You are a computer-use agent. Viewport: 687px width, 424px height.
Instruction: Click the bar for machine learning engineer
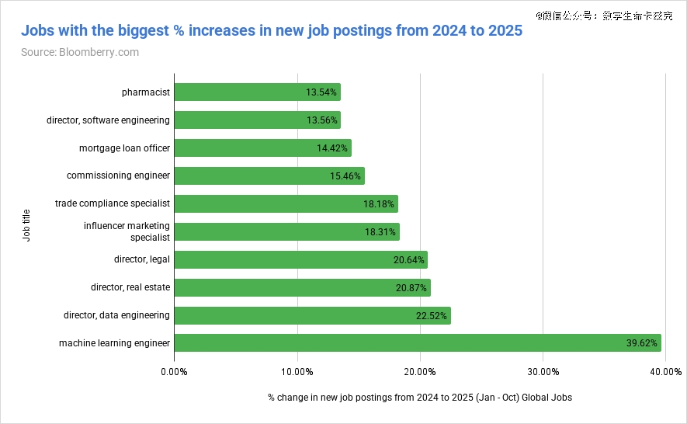tap(418, 343)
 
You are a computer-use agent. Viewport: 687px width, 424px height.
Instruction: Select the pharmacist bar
tap(257, 92)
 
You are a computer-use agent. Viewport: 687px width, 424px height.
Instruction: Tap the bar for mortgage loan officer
tap(262, 148)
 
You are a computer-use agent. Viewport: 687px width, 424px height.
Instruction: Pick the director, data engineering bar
tap(312, 315)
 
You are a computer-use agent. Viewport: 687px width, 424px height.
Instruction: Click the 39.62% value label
tap(642, 343)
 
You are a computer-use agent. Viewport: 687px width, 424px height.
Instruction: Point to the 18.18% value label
tap(380, 204)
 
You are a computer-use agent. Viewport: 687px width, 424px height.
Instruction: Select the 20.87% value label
tap(411, 288)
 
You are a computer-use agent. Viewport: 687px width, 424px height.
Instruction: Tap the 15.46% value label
tap(345, 176)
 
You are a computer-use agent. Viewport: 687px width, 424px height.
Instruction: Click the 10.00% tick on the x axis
tap(297, 372)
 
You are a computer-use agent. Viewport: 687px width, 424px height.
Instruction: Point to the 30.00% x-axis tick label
tap(543, 372)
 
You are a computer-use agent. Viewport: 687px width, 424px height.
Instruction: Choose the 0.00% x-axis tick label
tap(174, 372)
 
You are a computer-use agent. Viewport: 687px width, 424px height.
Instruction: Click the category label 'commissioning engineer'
tap(118, 176)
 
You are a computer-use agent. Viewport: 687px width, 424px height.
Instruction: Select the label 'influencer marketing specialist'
tap(127, 231)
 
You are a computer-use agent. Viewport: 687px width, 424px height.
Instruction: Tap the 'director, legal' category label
tap(142, 259)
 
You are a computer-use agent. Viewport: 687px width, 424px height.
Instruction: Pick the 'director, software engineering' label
tap(109, 120)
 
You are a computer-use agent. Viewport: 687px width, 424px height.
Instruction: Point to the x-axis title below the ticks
tap(419, 398)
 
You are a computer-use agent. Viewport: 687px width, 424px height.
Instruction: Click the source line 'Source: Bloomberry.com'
tap(80, 52)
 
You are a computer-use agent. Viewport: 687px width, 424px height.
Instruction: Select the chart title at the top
tap(271, 31)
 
